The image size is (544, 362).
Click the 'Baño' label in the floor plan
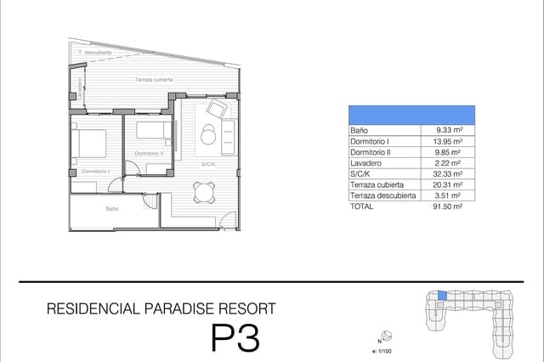pyautogui.click(x=112, y=208)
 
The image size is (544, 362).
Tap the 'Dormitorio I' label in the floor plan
pyautogui.click(x=96, y=172)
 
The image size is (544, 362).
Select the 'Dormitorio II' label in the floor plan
pyautogui.click(x=149, y=154)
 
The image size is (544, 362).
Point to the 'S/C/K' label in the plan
pyautogui.click(x=208, y=163)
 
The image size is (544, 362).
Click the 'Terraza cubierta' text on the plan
pyautogui.click(x=154, y=80)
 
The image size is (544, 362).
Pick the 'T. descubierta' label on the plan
pyautogui.click(x=94, y=53)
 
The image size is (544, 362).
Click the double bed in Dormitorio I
pyautogui.click(x=88, y=143)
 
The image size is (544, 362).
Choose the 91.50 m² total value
pyautogui.click(x=448, y=206)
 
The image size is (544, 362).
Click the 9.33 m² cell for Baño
pyautogui.click(x=448, y=130)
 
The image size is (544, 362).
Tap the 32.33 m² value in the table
pyautogui.click(x=448, y=173)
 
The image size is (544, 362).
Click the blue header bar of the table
pyautogui.click(x=411, y=115)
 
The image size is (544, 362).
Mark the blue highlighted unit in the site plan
pyautogui.click(x=441, y=295)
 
